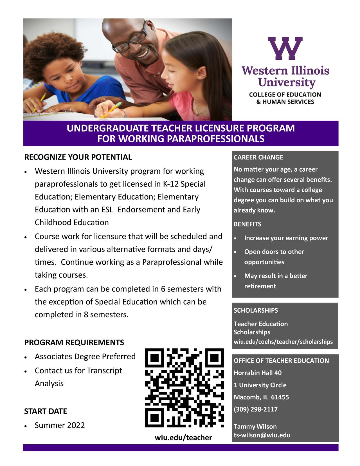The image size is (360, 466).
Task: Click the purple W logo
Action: pos(285,48)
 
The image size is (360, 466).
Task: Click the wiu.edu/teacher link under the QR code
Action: pos(183,437)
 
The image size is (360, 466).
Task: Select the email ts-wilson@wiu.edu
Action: pos(262,435)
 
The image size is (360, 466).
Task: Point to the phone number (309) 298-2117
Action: pos(255,409)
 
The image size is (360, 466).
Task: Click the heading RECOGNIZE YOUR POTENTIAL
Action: pos(78,157)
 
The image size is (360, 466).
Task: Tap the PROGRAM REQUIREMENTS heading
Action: pos(74,342)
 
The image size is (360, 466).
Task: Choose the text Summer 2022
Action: pos(60,425)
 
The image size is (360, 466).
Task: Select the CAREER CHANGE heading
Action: pos(258,157)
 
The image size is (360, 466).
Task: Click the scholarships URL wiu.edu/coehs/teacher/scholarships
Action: pos(283,342)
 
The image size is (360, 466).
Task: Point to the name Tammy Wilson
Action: pos(255,426)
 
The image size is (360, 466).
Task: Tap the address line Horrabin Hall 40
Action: pos(257,373)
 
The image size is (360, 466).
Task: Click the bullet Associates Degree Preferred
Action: pos(85,357)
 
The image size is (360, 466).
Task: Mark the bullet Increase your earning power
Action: pos(286,238)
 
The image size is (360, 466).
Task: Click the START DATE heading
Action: pos(46,411)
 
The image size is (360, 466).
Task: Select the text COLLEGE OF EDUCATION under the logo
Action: pos(285,95)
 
